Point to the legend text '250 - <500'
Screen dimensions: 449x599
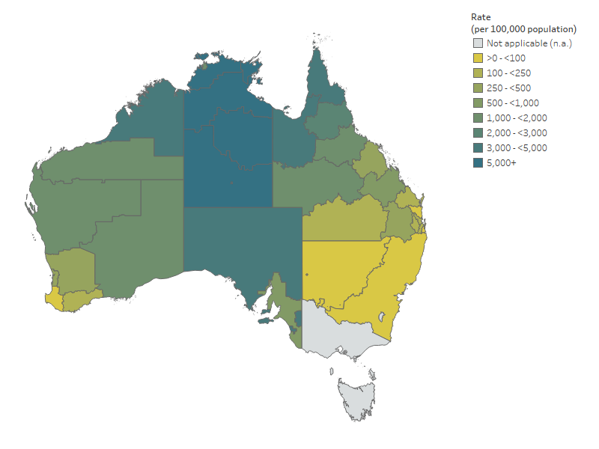pyautogui.click(x=509, y=88)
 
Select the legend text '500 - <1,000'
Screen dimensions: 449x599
pyautogui.click(x=512, y=103)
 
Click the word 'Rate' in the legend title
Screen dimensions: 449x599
pyautogui.click(x=481, y=16)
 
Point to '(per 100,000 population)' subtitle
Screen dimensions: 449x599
pyautogui.click(x=523, y=28)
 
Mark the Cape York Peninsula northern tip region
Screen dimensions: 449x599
pyautogui.click(x=320, y=71)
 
